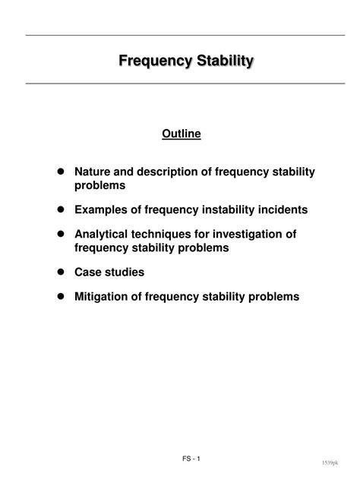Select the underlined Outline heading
pyautogui.click(x=181, y=134)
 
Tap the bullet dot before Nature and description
pyautogui.click(x=59, y=172)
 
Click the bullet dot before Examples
pyautogui.click(x=59, y=209)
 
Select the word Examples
pyautogui.click(x=102, y=209)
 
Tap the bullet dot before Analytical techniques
pyautogui.click(x=59, y=235)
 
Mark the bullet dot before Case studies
pyautogui.click(x=59, y=271)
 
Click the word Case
pyautogui.click(x=88, y=271)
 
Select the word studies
pyautogui.click(x=125, y=271)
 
